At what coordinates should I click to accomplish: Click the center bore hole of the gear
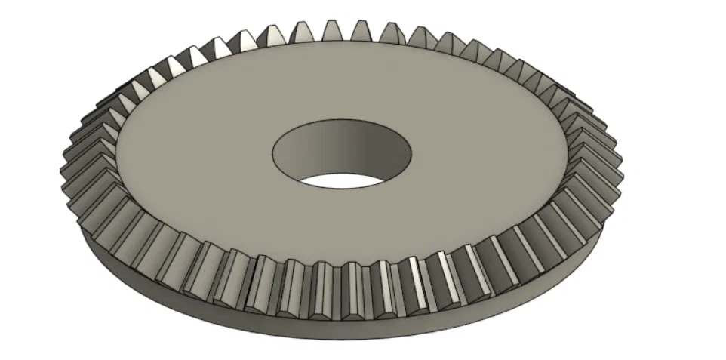[x=343, y=155]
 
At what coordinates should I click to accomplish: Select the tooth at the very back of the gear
[x=332, y=31]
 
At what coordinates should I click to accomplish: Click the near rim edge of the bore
[x=343, y=189]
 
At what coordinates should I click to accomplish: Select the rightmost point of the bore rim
[x=413, y=155]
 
